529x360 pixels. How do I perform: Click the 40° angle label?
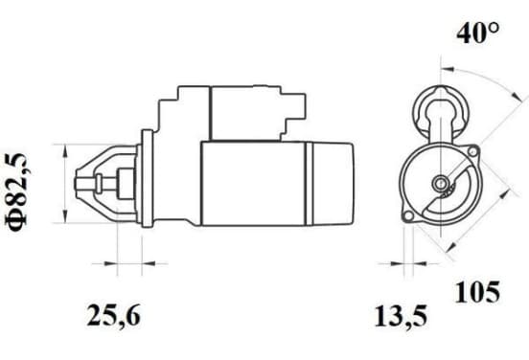[477, 34]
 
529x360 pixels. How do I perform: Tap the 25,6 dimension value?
[113, 316]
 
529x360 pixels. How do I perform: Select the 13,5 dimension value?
[401, 317]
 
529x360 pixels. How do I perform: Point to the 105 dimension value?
[477, 292]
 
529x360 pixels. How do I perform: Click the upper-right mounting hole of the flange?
[472, 151]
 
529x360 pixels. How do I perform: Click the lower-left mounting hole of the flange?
[408, 216]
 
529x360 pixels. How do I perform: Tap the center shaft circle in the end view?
[440, 183]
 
